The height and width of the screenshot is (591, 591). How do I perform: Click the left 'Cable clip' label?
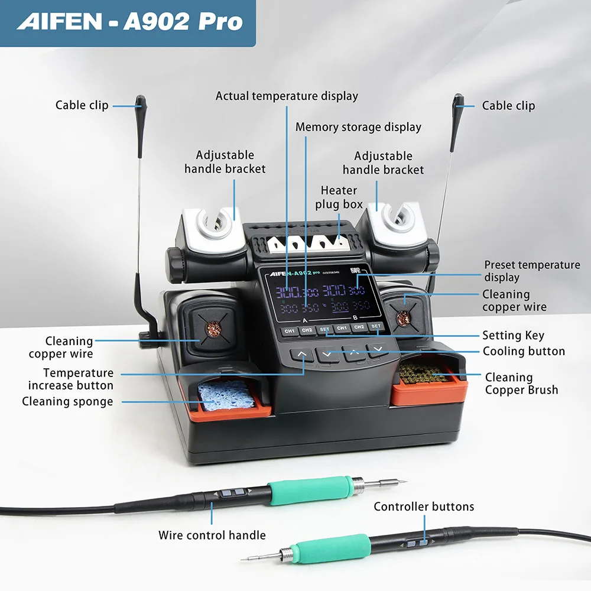[82, 105]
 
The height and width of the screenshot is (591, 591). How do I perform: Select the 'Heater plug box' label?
[339, 197]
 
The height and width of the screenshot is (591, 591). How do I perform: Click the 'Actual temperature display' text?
[287, 96]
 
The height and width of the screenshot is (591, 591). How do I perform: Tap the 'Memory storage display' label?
[358, 127]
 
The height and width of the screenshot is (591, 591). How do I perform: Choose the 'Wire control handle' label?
[212, 535]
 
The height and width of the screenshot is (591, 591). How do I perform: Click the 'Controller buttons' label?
[424, 506]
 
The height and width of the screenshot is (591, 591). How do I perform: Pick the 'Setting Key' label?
[513, 336]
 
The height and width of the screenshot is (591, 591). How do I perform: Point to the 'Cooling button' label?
[524, 351]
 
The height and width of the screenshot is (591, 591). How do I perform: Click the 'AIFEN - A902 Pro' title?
[130, 22]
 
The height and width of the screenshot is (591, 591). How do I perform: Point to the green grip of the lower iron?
[339, 548]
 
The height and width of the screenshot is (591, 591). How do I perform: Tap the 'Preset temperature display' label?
[532, 271]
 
